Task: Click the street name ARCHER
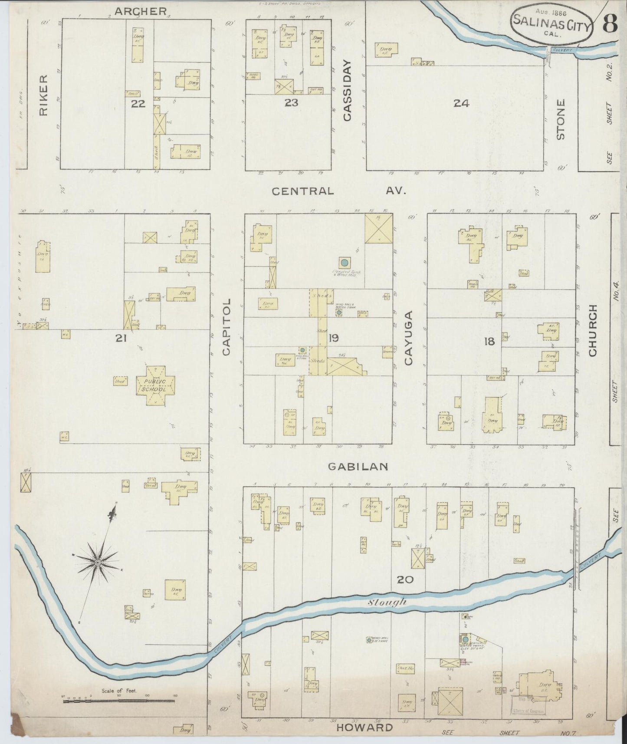pyautogui.click(x=140, y=11)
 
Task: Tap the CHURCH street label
pyautogui.click(x=593, y=330)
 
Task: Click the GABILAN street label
pyautogui.click(x=358, y=466)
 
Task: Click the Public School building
pyautogui.click(x=155, y=385)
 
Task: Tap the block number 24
pyautogui.click(x=461, y=103)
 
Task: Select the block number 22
pyautogui.click(x=138, y=103)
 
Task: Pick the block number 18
pyautogui.click(x=489, y=342)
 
